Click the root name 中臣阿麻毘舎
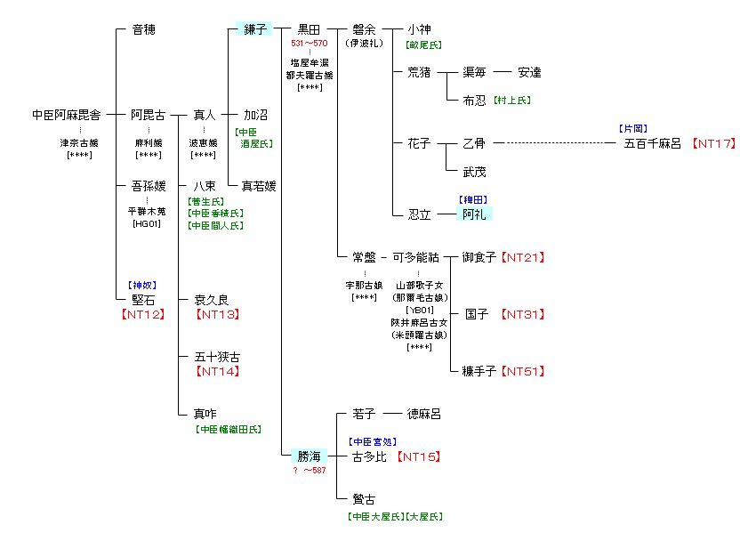click(x=66, y=115)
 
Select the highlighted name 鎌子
click(x=255, y=29)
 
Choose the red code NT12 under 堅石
click(x=142, y=314)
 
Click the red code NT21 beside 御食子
click(x=522, y=257)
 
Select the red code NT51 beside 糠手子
click(x=522, y=371)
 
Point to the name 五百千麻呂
click(x=653, y=143)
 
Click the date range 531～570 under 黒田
click(x=310, y=43)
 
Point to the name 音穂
click(x=143, y=29)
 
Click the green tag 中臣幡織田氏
click(x=229, y=429)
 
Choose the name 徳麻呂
click(x=423, y=414)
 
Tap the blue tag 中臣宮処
click(x=373, y=441)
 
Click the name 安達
click(x=529, y=72)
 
